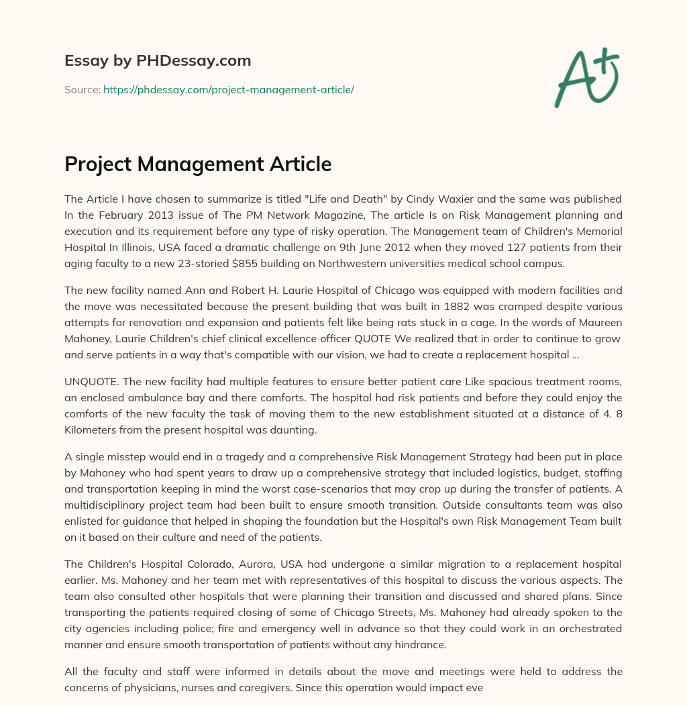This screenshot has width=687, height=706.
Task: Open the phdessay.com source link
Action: coord(228,89)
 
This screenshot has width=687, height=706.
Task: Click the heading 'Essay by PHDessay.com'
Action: coord(158,60)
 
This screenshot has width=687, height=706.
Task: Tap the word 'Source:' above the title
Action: coord(82,89)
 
